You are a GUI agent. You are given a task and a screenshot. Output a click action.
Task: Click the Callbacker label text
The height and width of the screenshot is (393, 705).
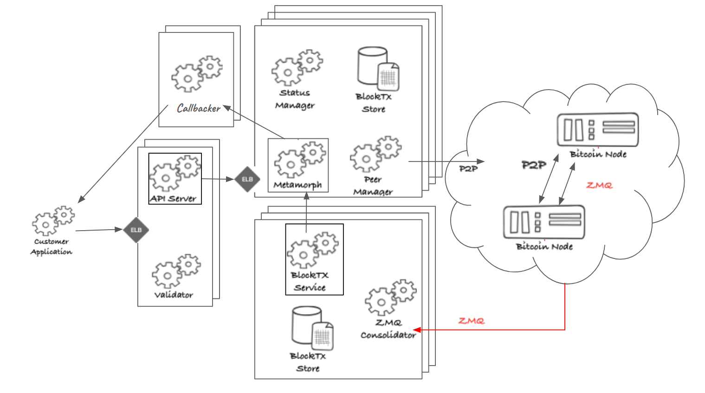[x=199, y=109]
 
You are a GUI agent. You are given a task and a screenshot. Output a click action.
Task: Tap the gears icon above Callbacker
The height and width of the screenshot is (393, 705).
[x=197, y=73]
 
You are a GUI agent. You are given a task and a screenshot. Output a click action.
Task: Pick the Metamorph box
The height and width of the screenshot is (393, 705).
[x=298, y=165]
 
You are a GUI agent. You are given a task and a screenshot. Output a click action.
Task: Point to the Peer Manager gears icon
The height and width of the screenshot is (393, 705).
[x=375, y=154]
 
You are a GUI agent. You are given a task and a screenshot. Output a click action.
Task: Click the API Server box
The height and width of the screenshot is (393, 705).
[x=175, y=179]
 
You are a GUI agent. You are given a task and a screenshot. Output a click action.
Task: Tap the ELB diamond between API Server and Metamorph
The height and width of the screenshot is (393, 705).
[x=247, y=179]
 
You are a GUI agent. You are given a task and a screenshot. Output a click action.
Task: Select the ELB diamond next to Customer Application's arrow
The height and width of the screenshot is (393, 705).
[x=136, y=230]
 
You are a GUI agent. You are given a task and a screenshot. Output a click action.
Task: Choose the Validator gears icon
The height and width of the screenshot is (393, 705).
[x=176, y=271]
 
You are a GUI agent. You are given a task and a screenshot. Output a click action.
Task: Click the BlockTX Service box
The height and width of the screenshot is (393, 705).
[x=314, y=259]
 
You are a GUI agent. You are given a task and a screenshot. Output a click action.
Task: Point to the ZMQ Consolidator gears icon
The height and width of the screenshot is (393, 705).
[x=390, y=297]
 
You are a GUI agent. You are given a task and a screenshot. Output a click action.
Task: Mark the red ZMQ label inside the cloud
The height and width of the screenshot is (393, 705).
[x=599, y=186]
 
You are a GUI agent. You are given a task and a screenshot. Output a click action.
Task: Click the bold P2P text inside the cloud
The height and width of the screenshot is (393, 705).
[x=534, y=165]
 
